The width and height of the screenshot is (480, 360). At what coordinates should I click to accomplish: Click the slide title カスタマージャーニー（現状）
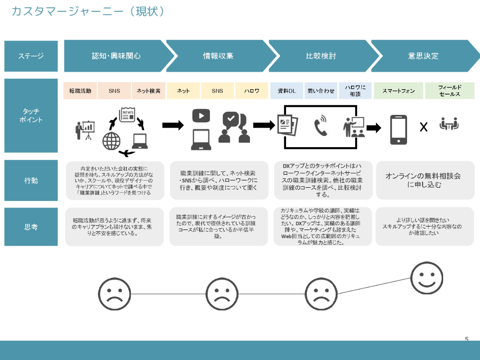(x=89, y=12)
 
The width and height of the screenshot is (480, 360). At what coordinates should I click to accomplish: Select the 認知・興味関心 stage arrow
(x=116, y=56)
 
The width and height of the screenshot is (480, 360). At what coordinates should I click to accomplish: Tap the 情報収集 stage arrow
(x=218, y=56)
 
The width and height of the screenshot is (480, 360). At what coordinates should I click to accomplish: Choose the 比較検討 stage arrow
(x=321, y=56)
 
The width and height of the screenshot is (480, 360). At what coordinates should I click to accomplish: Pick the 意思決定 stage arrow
(x=423, y=56)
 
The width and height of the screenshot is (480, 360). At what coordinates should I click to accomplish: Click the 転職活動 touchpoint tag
(x=80, y=91)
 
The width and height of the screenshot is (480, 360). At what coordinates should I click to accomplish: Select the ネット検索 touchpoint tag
(x=149, y=91)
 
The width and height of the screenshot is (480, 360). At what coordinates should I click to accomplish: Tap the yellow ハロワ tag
(x=252, y=91)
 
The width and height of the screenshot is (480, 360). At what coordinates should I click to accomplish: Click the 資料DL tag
(x=286, y=91)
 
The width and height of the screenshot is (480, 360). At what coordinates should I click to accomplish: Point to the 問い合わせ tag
(x=321, y=91)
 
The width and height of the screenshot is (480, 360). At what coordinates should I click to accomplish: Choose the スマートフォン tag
(x=399, y=91)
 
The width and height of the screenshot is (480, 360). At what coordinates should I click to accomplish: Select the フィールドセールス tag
(x=450, y=91)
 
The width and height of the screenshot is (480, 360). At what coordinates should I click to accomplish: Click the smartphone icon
(x=399, y=129)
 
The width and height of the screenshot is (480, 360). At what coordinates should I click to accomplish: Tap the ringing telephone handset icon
(x=320, y=127)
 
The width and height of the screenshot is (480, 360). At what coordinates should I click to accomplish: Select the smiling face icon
(x=427, y=278)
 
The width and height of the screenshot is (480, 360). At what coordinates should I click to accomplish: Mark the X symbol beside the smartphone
(x=424, y=127)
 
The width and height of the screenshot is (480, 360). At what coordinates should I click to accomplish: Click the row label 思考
(x=31, y=227)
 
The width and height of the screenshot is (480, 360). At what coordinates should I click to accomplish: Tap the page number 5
(x=467, y=339)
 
